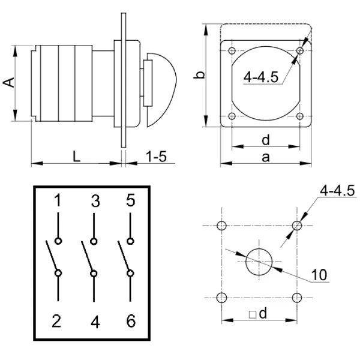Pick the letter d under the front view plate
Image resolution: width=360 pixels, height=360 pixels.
(x=266, y=139)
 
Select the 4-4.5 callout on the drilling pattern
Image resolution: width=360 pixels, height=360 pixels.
(x=337, y=191)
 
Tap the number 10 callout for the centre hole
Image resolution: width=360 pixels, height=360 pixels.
(x=321, y=277)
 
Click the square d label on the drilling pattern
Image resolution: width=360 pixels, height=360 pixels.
(x=259, y=314)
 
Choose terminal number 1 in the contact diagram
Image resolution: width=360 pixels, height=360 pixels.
(x=58, y=201)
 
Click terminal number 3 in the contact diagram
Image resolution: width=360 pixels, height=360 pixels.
(x=94, y=201)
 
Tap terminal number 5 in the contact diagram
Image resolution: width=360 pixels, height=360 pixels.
(x=130, y=201)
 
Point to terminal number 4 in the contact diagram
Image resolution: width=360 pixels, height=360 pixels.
(x=94, y=322)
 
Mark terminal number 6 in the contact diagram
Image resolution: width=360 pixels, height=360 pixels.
(x=130, y=321)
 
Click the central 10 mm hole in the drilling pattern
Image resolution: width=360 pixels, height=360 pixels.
(x=259, y=262)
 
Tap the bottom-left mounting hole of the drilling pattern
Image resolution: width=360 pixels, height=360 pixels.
(x=222, y=298)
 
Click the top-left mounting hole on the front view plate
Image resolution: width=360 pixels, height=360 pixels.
(x=232, y=50)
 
